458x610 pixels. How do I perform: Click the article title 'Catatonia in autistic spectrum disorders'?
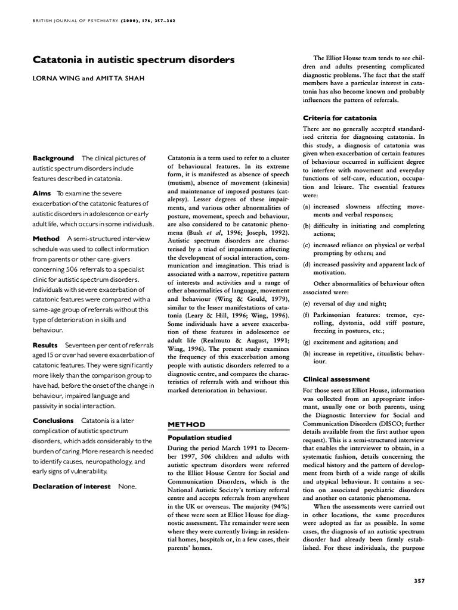[133, 60]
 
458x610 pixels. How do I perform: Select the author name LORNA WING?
[57, 79]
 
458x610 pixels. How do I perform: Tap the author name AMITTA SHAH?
[117, 79]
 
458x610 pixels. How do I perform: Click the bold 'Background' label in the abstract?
[54, 158]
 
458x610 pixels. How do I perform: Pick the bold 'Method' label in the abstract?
[46, 238]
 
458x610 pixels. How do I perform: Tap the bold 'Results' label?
[45, 345]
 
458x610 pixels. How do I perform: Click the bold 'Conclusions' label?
[53, 421]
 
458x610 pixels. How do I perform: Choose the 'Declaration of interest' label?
[72, 487]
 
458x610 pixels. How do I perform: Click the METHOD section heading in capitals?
[186, 424]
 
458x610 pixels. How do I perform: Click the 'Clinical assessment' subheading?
[336, 379]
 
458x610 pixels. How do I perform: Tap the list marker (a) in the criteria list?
[307, 206]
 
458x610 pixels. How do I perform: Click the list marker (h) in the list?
[307, 353]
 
